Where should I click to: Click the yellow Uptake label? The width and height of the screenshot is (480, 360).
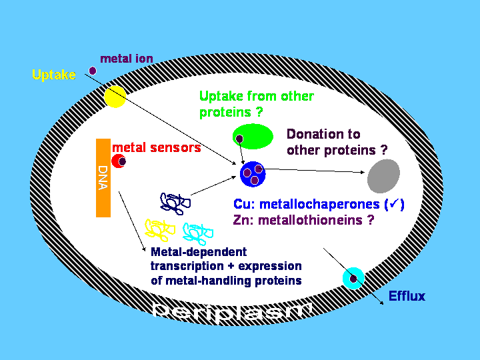[x=54, y=75]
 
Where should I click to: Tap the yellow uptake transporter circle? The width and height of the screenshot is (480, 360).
[x=115, y=97]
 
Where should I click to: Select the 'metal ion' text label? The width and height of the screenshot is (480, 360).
[x=127, y=59]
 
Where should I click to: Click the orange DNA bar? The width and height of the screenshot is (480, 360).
[x=103, y=177]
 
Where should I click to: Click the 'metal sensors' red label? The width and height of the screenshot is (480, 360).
[x=157, y=147]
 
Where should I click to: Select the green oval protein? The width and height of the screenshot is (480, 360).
[x=253, y=137]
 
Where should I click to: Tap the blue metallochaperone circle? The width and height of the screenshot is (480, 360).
[x=253, y=175]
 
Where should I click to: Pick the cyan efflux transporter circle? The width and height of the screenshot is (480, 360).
[x=353, y=277]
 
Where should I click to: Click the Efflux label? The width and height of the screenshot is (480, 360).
[x=407, y=296]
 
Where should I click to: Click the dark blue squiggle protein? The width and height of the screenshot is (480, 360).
[x=173, y=203]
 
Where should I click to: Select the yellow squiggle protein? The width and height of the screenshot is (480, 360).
[x=159, y=231]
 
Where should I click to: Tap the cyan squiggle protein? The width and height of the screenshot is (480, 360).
[x=196, y=233]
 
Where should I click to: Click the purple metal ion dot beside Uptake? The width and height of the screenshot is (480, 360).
[x=93, y=71]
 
